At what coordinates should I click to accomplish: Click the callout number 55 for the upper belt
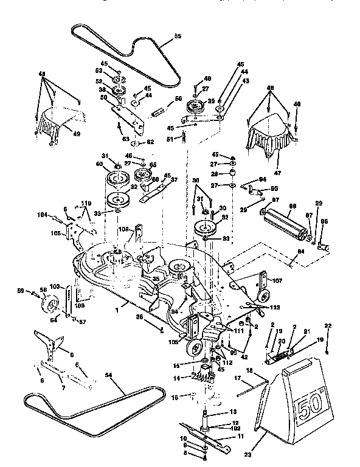(178, 37)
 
